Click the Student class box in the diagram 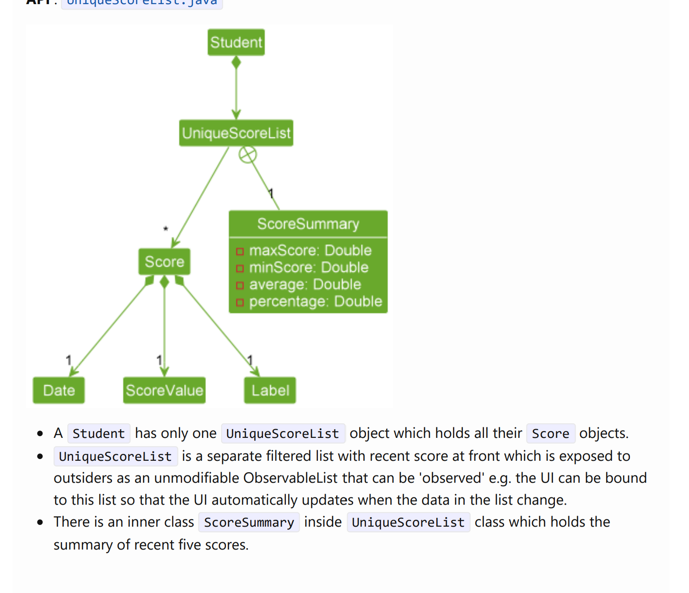click(x=236, y=43)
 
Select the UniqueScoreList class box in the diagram click(x=236, y=133)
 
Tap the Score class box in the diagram click(x=164, y=262)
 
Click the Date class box click(x=59, y=390)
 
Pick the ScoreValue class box click(x=164, y=390)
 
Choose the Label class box click(x=270, y=390)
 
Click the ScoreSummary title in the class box click(x=308, y=224)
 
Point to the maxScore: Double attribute click(x=310, y=251)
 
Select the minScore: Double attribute click(x=308, y=268)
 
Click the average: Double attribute click(x=305, y=285)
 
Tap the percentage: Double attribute click(x=315, y=302)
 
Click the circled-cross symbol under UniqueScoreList click(x=248, y=155)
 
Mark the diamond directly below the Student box click(x=236, y=62)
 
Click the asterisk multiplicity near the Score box click(x=166, y=229)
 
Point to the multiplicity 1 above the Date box click(x=69, y=360)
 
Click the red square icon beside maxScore click(x=240, y=251)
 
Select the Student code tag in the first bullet click(x=99, y=433)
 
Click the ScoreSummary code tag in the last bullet click(x=249, y=522)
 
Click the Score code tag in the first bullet click(x=550, y=433)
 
